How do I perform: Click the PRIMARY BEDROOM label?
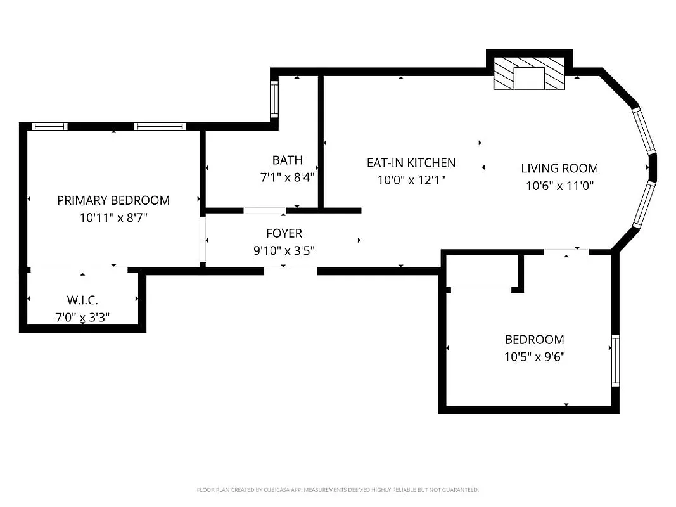click(113, 200)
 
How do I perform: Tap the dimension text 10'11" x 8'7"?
click(113, 217)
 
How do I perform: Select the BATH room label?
click(287, 160)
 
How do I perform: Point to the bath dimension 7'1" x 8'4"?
click(287, 177)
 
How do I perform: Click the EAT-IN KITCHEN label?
click(411, 163)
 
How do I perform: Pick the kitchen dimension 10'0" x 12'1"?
click(411, 180)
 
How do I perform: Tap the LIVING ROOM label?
click(559, 169)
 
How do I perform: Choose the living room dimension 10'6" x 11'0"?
click(559, 186)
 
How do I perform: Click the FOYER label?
click(284, 233)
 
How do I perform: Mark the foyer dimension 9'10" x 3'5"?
click(284, 250)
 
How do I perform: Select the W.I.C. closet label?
click(82, 299)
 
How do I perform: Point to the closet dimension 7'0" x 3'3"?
click(82, 316)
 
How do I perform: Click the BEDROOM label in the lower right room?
click(534, 340)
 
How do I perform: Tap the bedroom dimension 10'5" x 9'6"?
click(534, 357)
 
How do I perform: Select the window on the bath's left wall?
click(274, 99)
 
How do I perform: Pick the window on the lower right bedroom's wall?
click(615, 361)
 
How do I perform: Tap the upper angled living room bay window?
click(644, 130)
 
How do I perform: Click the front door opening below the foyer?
click(290, 271)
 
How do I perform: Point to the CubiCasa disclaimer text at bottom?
click(338, 490)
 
